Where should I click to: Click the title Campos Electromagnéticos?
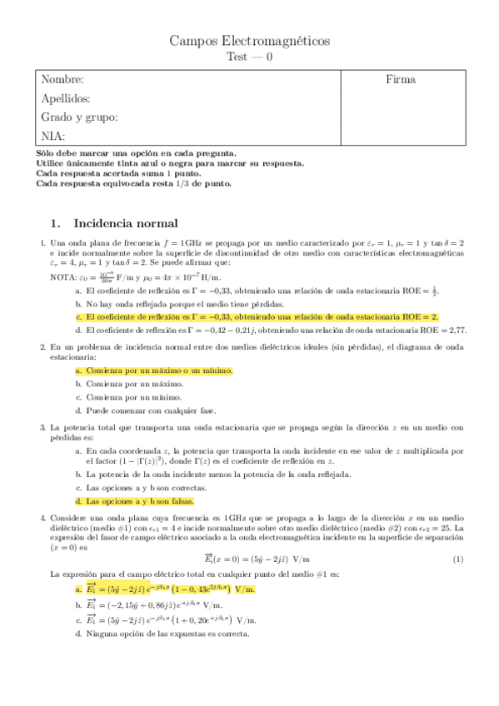(249, 41)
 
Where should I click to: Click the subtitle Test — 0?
(249, 57)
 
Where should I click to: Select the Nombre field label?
(62, 80)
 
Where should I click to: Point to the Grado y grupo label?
(79, 117)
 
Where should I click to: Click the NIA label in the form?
(52, 136)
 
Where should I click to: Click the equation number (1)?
(457, 559)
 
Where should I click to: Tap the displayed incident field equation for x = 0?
(250, 559)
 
